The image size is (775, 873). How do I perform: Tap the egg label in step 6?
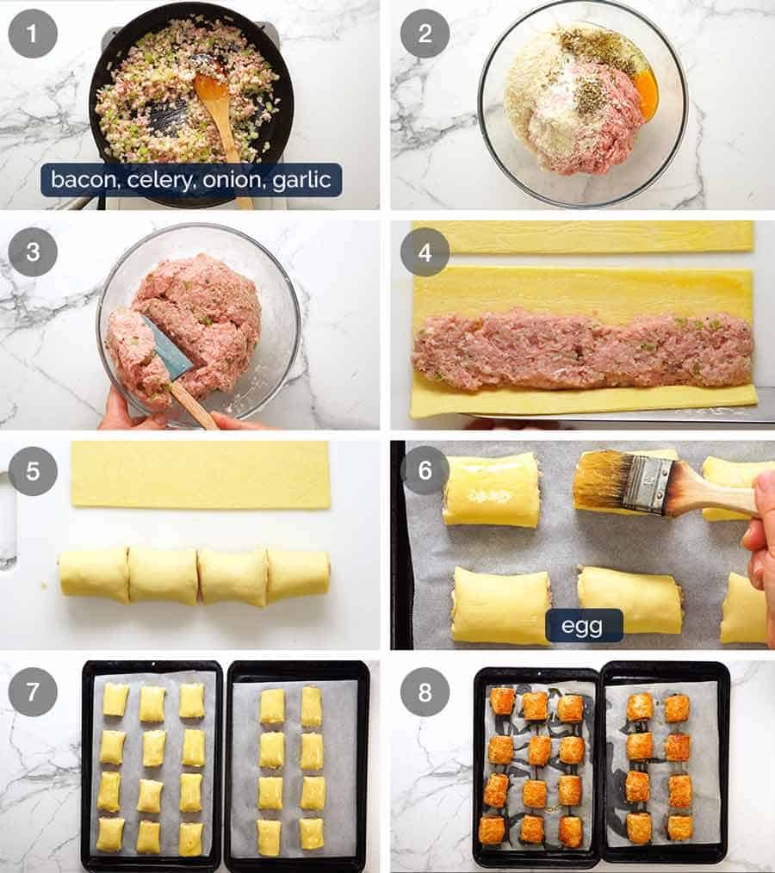tap(583, 626)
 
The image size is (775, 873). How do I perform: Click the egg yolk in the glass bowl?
tap(645, 88)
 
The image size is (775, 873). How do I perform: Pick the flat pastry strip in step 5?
tap(200, 474)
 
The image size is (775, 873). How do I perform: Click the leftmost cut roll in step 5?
tap(93, 574)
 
